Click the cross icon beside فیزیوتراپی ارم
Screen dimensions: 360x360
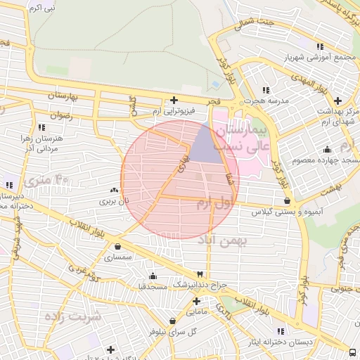point(174,101)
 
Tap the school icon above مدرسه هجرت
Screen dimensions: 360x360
point(265,90)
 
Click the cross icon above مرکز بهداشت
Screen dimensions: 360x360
point(338,101)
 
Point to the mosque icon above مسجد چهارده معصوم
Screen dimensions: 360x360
point(327,149)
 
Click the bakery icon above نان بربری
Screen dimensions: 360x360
point(114,191)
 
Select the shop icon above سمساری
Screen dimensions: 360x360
point(117,247)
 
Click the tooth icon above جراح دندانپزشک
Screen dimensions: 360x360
point(200,274)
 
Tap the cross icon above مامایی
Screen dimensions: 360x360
point(196,300)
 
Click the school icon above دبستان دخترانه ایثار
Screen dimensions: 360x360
point(281,331)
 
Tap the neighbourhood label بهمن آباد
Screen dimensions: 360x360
point(224,242)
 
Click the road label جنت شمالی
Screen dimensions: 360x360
point(255,26)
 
